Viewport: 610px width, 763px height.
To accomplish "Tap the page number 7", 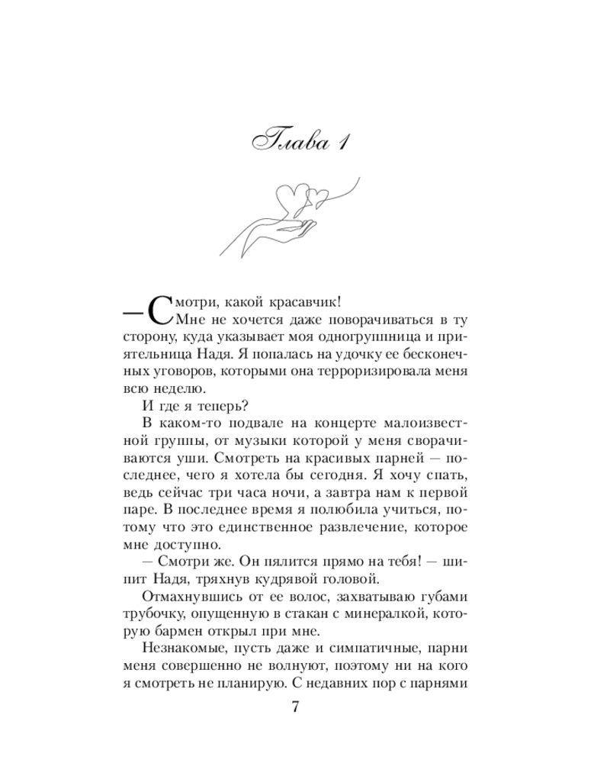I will click(296, 707).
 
